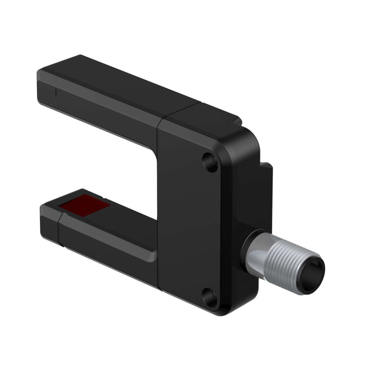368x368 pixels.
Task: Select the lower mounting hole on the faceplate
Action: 210,297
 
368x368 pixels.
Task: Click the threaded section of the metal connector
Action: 285,264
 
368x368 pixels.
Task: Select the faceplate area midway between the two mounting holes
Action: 202,230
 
